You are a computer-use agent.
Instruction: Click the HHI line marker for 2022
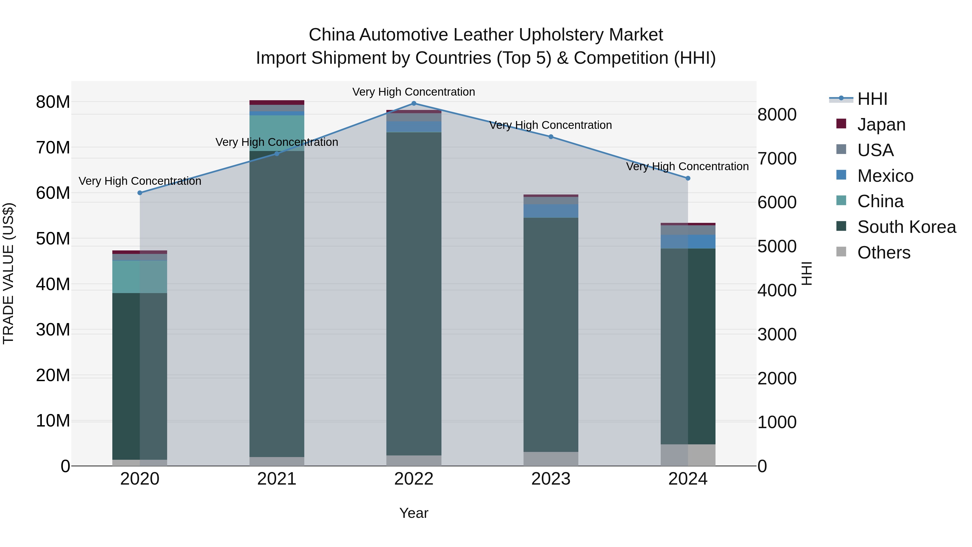pyautogui.click(x=414, y=103)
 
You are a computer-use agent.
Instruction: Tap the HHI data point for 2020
pyautogui.click(x=140, y=193)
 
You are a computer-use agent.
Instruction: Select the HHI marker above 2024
pyautogui.click(x=687, y=178)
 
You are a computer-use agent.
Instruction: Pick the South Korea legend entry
pyautogui.click(x=906, y=227)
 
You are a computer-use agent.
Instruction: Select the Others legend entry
pyautogui.click(x=883, y=253)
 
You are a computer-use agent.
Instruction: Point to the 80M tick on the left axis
pyautogui.click(x=53, y=102)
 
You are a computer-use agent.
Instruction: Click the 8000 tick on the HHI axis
pyautogui.click(x=777, y=115)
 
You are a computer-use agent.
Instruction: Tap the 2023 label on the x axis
pyautogui.click(x=551, y=479)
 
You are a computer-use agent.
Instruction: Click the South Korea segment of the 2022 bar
pyautogui.click(x=414, y=294)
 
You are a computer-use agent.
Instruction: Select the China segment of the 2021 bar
pyautogui.click(x=276, y=133)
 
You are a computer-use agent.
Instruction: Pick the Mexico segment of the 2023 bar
pyautogui.click(x=551, y=211)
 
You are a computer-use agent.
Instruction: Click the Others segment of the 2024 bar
pyautogui.click(x=687, y=455)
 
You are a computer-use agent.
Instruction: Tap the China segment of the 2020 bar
pyautogui.click(x=140, y=277)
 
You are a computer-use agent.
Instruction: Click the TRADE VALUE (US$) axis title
pyautogui.click(x=8, y=273)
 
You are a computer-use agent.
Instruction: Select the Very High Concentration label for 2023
pyautogui.click(x=550, y=125)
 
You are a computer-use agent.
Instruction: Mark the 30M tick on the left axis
pyautogui.click(x=53, y=330)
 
